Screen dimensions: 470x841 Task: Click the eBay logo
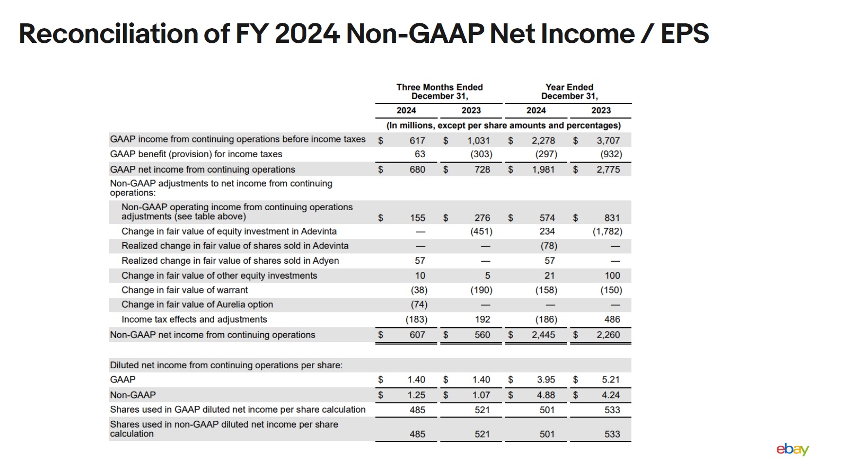point(792,449)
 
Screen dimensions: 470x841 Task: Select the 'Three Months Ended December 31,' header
point(439,91)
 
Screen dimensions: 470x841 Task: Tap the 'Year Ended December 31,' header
point(569,91)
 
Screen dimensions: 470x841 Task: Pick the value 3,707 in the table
point(608,141)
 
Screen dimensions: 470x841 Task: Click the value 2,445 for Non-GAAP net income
point(543,335)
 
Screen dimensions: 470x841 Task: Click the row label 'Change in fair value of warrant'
point(184,290)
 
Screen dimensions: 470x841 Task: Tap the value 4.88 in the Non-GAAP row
point(546,395)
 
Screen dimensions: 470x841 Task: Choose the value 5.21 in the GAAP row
point(611,380)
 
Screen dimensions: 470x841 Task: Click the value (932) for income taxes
point(611,154)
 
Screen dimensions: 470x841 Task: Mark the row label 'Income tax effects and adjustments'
point(194,319)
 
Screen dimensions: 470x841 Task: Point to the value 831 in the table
point(612,218)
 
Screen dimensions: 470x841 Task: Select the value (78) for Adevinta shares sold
point(548,246)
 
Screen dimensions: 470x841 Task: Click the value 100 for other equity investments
point(612,275)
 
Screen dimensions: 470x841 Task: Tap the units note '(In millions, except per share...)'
point(503,126)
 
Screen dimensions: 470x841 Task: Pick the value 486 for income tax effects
point(612,319)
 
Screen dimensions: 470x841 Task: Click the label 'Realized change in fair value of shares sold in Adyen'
point(230,261)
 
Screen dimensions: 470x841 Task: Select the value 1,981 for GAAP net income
point(543,169)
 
